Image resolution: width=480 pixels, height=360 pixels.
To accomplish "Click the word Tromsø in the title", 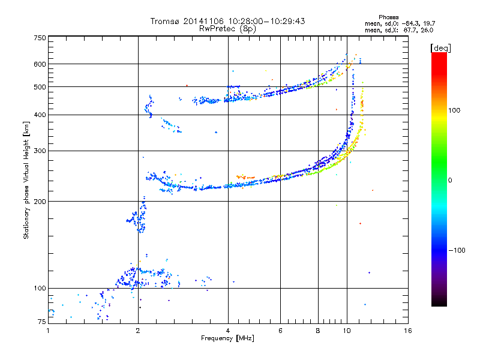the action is (x=164, y=21).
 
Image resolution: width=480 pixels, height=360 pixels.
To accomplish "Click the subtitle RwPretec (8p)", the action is (x=227, y=29).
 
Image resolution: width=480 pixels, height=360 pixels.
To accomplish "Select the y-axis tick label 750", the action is (x=40, y=38).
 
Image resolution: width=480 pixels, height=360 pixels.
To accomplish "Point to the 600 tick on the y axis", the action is (x=40, y=64).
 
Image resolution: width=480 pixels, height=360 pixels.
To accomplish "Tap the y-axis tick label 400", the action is (x=40, y=115).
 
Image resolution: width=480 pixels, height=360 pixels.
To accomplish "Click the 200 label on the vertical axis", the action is (x=40, y=202).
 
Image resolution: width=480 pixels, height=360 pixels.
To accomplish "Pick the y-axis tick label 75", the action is (x=41, y=322).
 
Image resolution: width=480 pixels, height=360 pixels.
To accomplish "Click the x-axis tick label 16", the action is (x=408, y=331).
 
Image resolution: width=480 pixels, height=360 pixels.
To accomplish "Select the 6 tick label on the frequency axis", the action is (x=280, y=331).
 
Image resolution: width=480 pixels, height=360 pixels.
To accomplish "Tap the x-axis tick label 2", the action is (x=138, y=331).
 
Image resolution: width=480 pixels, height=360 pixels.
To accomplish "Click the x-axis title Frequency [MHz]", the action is (x=227, y=338).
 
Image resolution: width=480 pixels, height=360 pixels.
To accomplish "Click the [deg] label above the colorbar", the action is (x=440, y=48).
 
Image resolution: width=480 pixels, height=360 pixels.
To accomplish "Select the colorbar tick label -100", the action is (x=457, y=250).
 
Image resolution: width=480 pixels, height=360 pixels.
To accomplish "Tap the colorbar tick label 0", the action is (x=450, y=181).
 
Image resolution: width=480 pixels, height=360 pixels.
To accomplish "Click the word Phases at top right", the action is (x=388, y=17).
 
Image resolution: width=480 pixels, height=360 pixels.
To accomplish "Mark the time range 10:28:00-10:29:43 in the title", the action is (x=266, y=21).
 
